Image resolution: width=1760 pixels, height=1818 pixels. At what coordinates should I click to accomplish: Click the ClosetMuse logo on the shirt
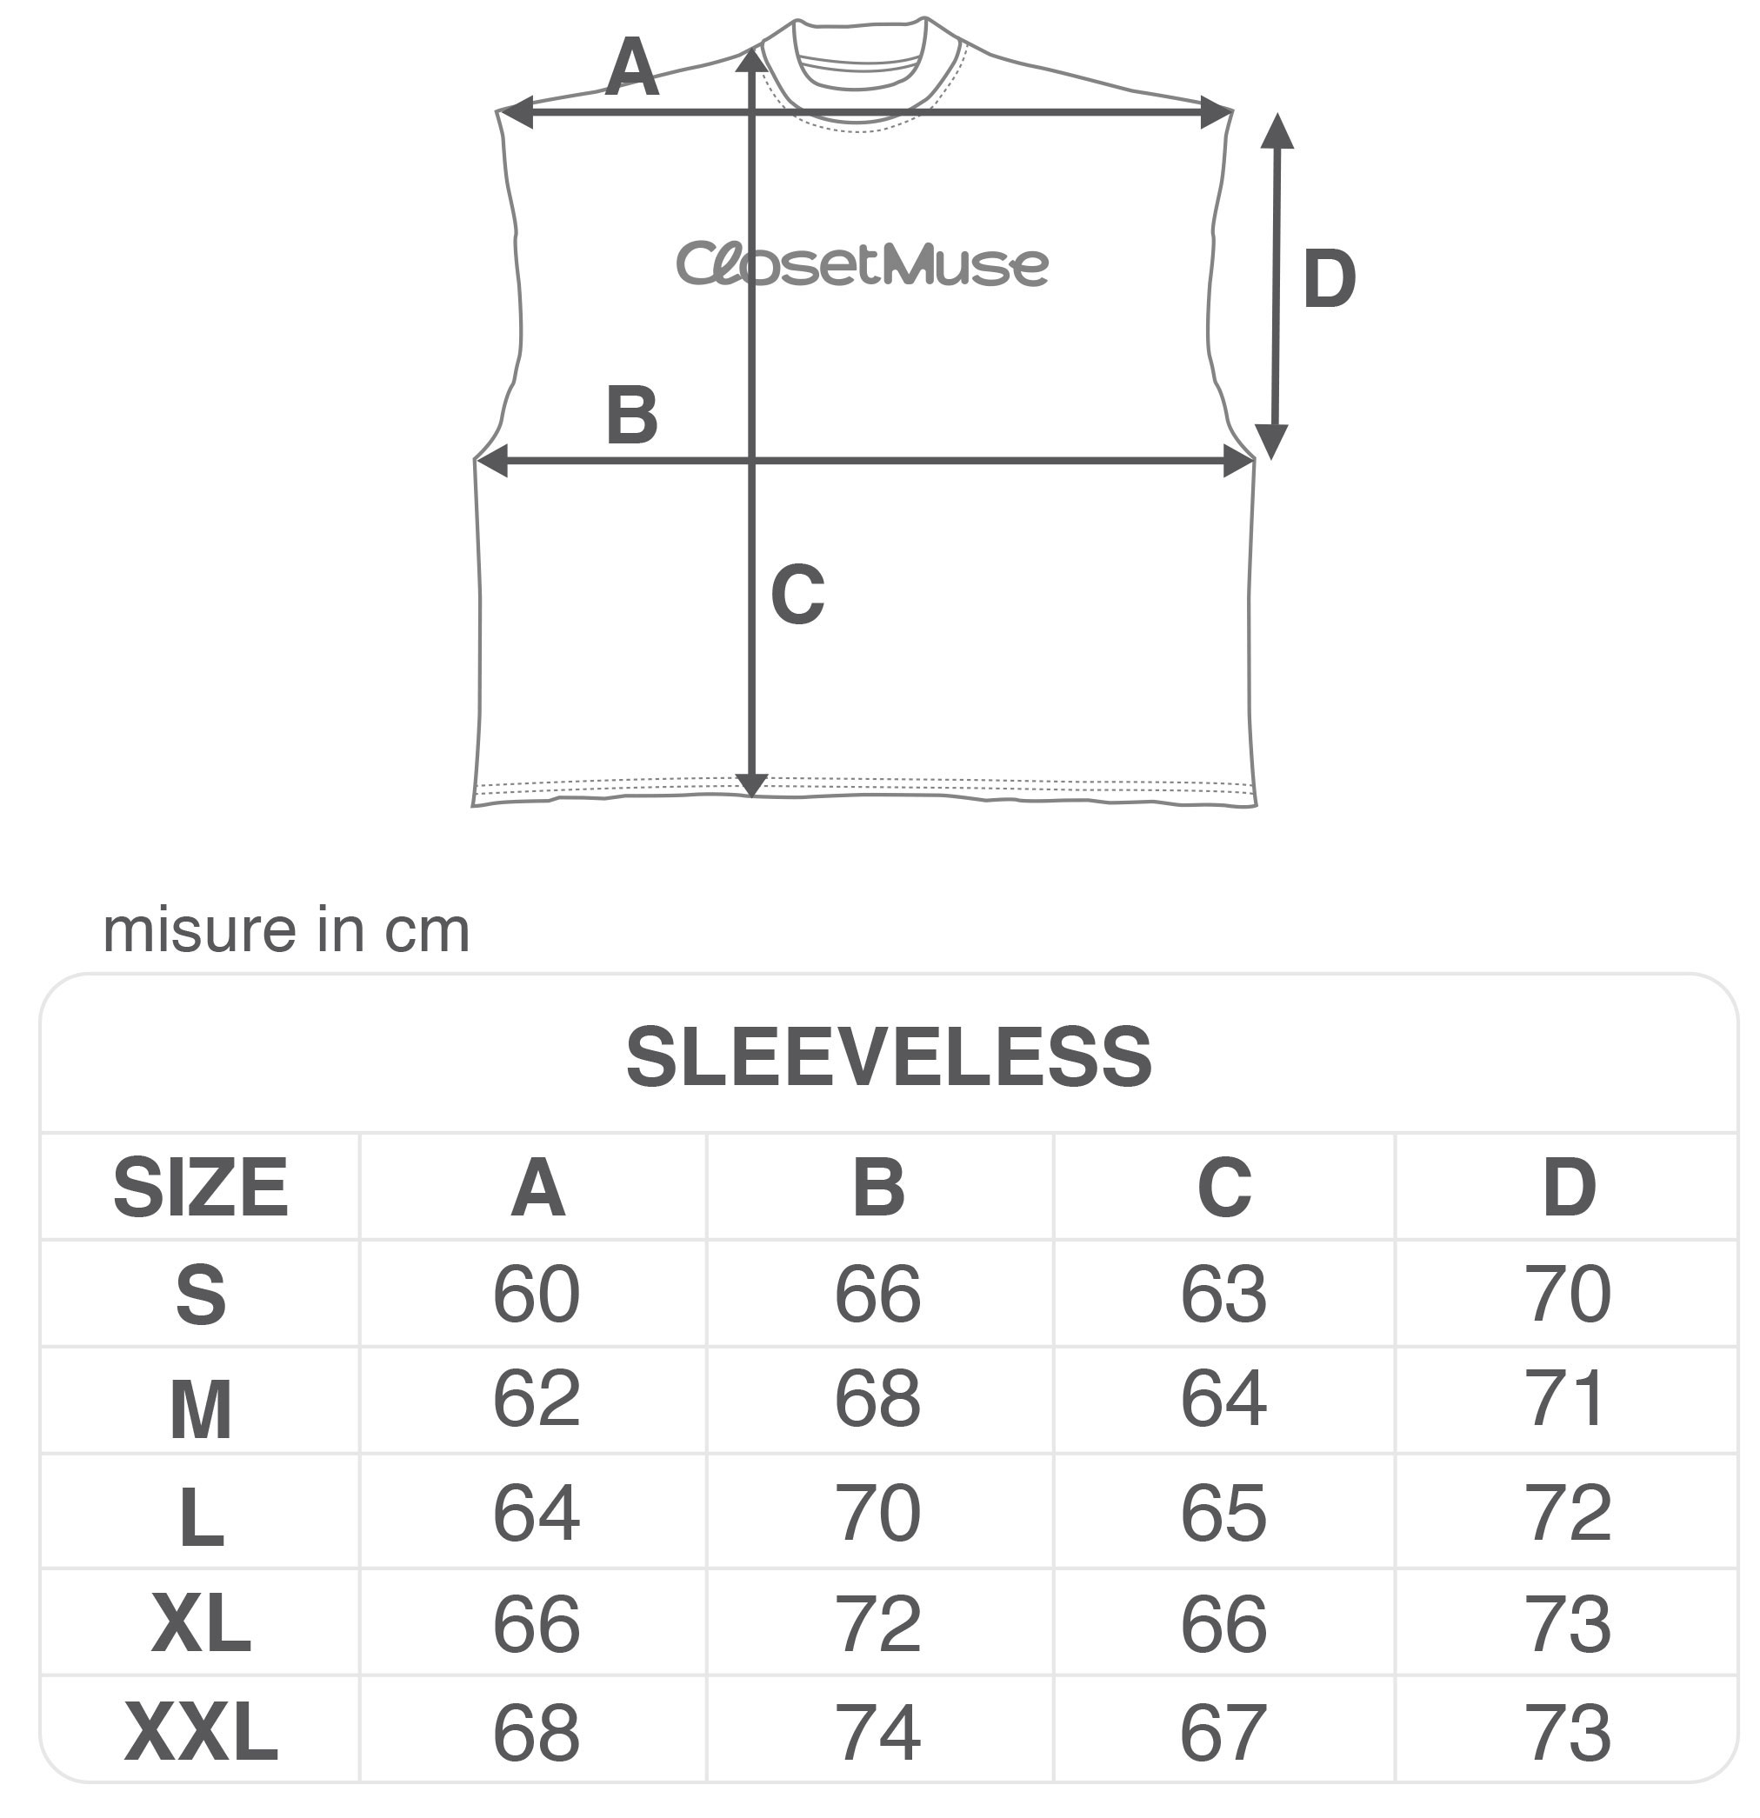[x=862, y=263]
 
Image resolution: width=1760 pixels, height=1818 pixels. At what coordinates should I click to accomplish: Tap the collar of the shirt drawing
[x=860, y=70]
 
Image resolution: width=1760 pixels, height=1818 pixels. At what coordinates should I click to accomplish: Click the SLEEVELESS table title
[x=889, y=1057]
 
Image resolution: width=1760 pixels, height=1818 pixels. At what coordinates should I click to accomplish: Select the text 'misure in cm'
[x=286, y=930]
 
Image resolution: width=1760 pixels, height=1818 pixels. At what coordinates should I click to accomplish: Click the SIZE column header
[x=200, y=1188]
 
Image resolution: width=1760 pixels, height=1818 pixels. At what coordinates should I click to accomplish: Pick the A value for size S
[x=537, y=1294]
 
